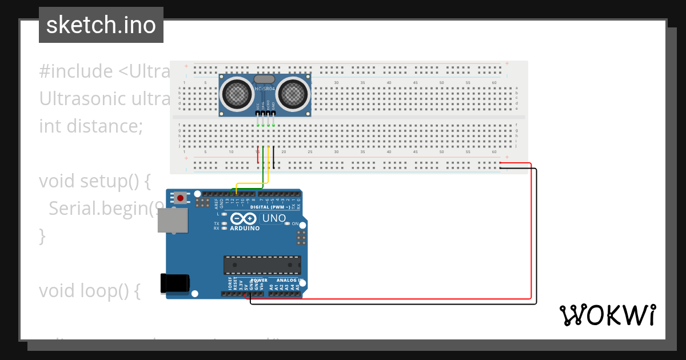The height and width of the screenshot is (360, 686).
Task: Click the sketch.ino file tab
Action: pos(101,25)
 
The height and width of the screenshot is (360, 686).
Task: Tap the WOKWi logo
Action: pos(607,315)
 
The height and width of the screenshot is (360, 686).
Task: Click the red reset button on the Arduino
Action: pos(181,198)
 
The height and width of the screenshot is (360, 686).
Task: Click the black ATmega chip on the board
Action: pos(262,265)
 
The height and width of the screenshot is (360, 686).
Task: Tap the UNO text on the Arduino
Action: pos(274,219)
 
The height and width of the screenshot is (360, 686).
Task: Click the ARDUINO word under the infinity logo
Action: pos(245,229)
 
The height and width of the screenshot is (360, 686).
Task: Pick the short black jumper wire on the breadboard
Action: pos(273,158)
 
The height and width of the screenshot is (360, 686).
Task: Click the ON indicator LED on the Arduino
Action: pos(288,224)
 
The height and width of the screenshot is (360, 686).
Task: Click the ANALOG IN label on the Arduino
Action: pos(289,280)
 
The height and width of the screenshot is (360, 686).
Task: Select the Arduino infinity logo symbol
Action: pos(244,219)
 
